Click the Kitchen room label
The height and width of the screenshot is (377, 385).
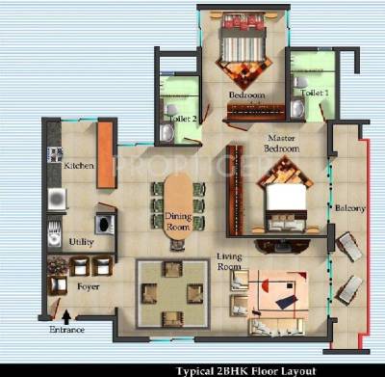pos(79,166)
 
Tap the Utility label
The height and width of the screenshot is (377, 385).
pos(81,242)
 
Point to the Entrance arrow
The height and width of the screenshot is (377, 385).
pos(65,314)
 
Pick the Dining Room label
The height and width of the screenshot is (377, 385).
pos(177,224)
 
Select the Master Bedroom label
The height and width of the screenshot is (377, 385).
pos(283,144)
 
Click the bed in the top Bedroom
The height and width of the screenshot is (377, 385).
pos(244,53)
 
